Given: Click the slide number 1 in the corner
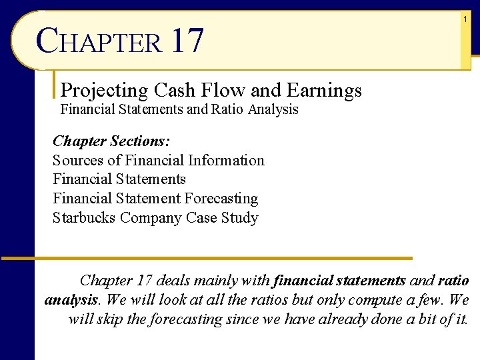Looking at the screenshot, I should pos(465,20).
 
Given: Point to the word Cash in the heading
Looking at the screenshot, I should pos(175,90).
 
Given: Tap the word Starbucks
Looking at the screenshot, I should pos(84,218).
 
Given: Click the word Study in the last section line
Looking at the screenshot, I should pos(239,218).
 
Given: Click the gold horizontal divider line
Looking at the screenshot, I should pos(207,258).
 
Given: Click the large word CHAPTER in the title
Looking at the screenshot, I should pos(99,41).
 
